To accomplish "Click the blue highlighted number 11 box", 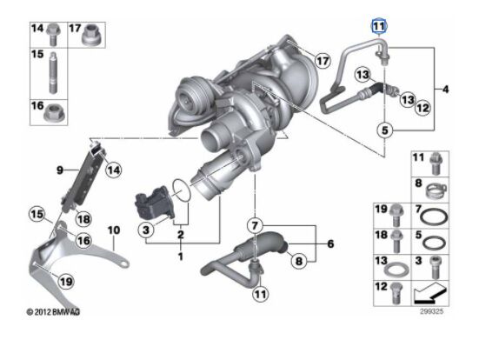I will pyautogui.click(x=379, y=26).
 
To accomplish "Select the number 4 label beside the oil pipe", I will pyautogui.click(x=447, y=90).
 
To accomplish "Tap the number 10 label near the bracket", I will pyautogui.click(x=112, y=230).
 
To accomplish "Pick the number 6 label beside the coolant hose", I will pyautogui.click(x=330, y=244).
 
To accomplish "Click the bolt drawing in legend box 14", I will pyautogui.click(x=50, y=36).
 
